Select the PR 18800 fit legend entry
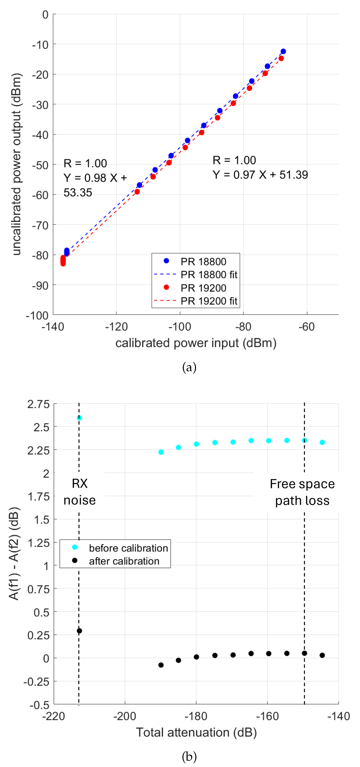208,274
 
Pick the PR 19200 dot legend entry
203,288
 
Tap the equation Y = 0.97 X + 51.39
260,175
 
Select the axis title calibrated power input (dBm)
196,343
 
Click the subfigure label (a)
189,367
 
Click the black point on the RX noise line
79,631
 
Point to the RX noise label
80,492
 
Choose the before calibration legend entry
128,548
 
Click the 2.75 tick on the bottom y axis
38,404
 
